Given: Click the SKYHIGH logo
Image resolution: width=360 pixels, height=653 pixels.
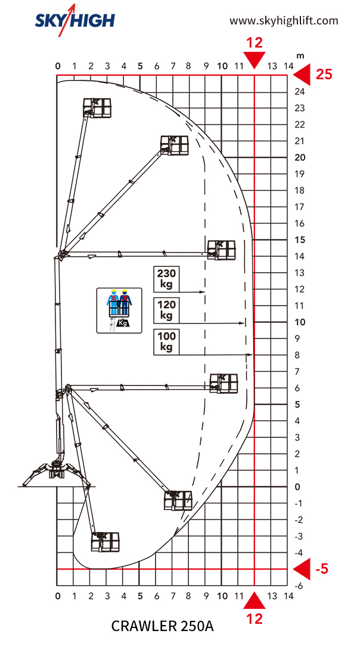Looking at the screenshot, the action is pyautogui.click(x=75, y=18).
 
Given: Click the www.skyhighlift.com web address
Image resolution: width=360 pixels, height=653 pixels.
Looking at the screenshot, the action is pyautogui.click(x=284, y=20).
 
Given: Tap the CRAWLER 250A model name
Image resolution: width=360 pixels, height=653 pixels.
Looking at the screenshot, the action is pyautogui.click(x=163, y=626).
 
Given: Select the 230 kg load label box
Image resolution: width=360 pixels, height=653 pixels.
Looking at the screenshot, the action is pyautogui.click(x=166, y=279).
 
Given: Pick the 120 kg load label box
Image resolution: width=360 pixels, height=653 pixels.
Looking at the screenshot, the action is pyautogui.click(x=166, y=310).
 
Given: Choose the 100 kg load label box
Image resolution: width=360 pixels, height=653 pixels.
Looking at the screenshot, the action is pyautogui.click(x=166, y=342).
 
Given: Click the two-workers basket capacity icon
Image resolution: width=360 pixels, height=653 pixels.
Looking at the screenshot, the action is pyautogui.click(x=119, y=310).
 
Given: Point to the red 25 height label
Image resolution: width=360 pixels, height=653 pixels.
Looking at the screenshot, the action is pyautogui.click(x=324, y=74).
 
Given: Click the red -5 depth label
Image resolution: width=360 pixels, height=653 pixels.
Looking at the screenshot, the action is pyautogui.click(x=322, y=568).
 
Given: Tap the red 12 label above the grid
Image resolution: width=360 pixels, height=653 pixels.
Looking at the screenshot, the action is pyautogui.click(x=255, y=42).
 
